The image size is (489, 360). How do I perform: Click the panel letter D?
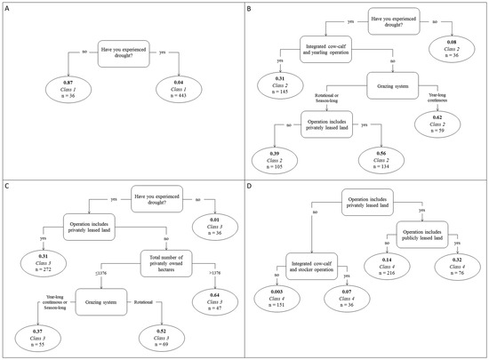[x=253, y=187]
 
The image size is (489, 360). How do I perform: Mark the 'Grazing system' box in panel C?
[x=104, y=294]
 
